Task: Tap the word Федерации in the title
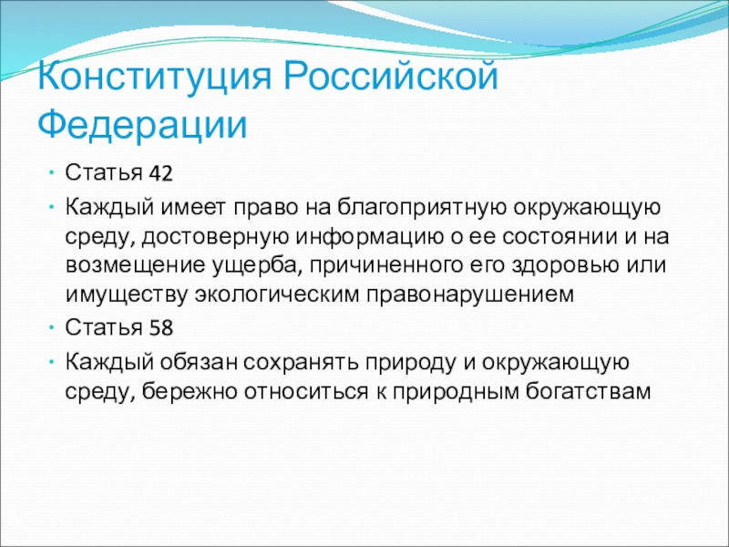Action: pos(142,125)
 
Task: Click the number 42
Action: pos(161,173)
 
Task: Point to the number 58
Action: pos(161,328)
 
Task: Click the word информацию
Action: pos(366,237)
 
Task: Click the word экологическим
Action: pos(277,294)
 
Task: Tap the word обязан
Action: pos(199,362)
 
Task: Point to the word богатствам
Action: pos(588,391)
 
